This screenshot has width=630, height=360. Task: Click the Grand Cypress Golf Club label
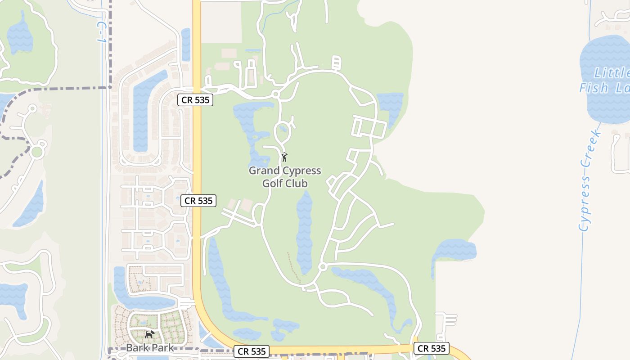tap(285, 177)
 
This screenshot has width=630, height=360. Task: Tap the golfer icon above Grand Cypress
tap(284, 157)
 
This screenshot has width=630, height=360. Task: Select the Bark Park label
tap(144, 347)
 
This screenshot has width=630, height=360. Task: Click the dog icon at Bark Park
tap(149, 334)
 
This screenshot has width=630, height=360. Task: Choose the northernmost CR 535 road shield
tap(195, 100)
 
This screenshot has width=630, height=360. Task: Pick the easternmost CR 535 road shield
tap(432, 348)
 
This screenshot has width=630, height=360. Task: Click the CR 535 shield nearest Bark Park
tap(252, 351)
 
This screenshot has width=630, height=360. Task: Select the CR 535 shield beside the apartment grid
tap(198, 201)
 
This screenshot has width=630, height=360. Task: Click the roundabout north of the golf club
tap(275, 94)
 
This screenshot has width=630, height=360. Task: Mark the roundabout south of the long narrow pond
tap(322, 267)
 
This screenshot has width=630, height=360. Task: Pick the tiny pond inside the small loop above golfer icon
tap(283, 129)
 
